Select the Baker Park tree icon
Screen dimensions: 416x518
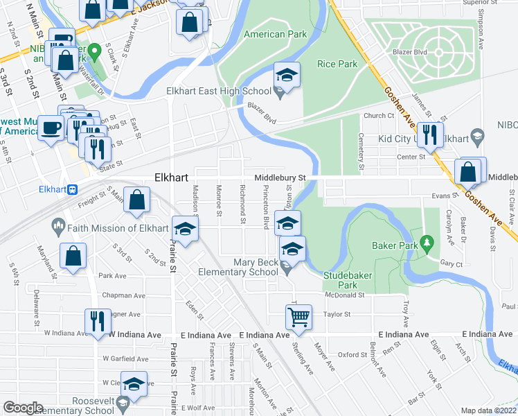tap(428, 242)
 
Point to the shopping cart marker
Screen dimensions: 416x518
tap(298, 318)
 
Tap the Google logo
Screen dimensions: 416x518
tap(23, 407)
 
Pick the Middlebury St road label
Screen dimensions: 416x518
tap(280, 177)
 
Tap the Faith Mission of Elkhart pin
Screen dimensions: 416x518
tap(58, 226)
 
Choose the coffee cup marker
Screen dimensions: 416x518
tap(51, 128)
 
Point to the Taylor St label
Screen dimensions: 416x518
tap(338, 314)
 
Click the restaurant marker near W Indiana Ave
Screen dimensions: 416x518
tap(96, 320)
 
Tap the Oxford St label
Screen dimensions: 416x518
tap(352, 354)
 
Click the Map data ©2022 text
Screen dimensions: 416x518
tap(489, 410)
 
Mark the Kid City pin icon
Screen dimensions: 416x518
tap(476, 138)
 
